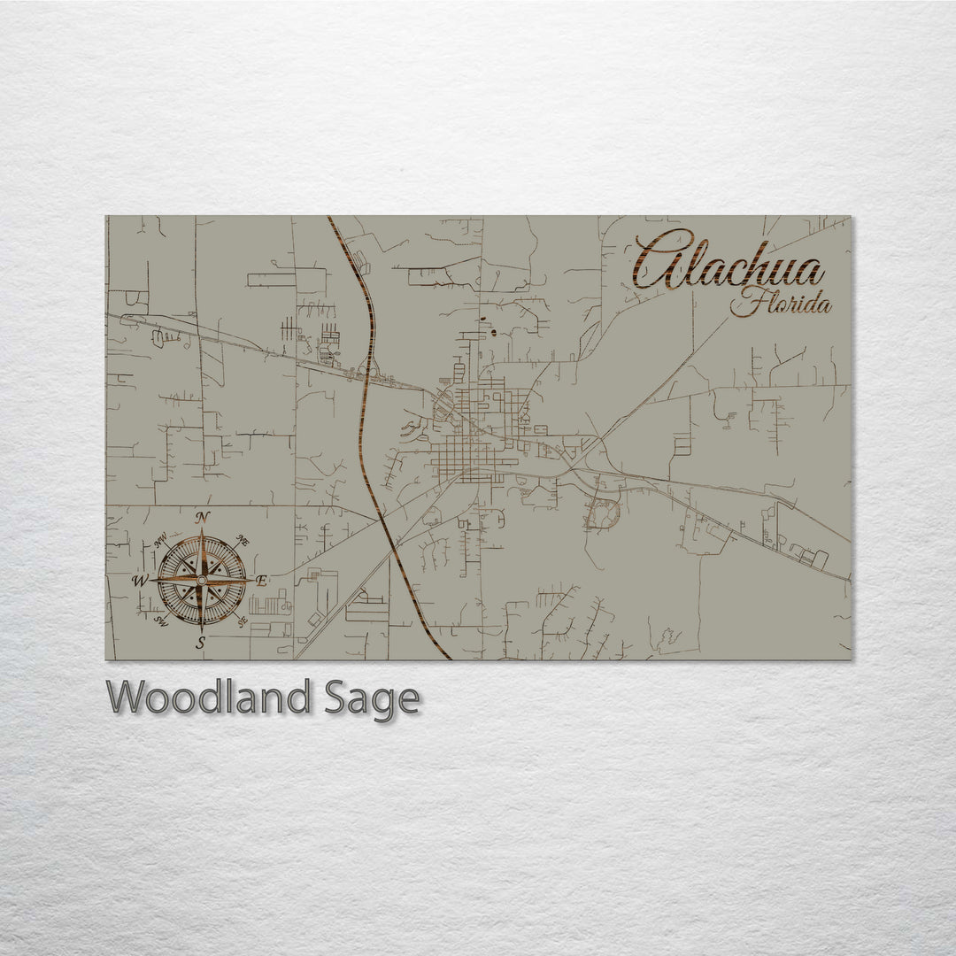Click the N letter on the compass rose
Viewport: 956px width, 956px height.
(x=203, y=518)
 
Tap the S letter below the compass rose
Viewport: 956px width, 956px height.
(x=202, y=642)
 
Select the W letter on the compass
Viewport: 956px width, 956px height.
(x=140, y=581)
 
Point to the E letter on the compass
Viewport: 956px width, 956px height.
(x=261, y=581)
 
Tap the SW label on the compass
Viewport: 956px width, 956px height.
(x=161, y=621)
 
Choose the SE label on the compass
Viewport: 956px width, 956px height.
(x=243, y=621)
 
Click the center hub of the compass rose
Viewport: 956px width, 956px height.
(x=202, y=580)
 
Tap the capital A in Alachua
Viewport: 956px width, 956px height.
(x=662, y=260)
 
